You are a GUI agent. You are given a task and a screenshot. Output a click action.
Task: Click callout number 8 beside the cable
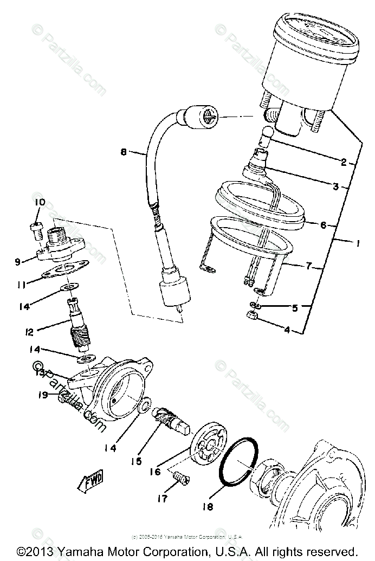coord(124,153)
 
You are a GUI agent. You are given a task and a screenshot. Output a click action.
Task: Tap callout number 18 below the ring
coord(208,506)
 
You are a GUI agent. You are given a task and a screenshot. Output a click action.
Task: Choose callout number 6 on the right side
coord(323,225)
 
